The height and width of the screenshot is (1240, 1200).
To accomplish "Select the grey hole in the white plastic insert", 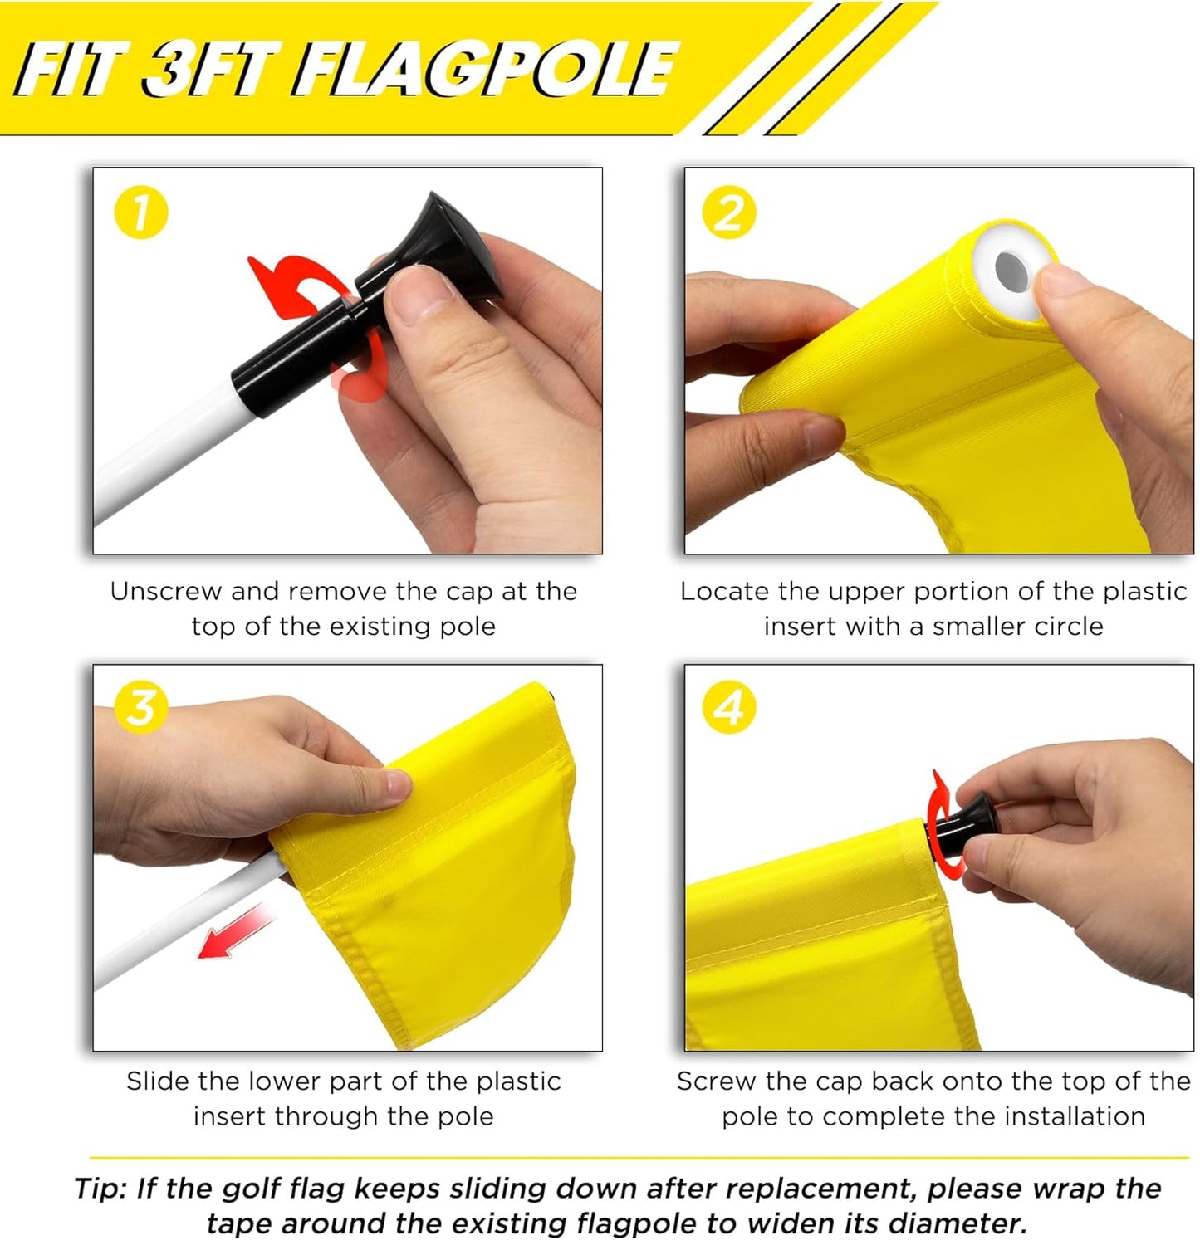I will (x=1010, y=269).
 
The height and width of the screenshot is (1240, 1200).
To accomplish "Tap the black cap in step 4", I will (x=963, y=822).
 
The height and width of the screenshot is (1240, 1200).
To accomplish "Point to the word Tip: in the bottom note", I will (x=102, y=1189).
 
